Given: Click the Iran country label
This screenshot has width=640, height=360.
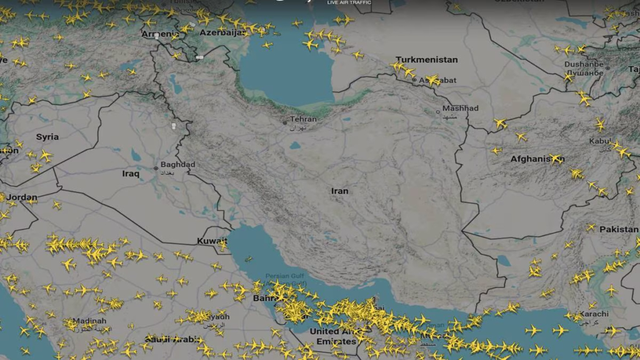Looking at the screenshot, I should click(x=340, y=191).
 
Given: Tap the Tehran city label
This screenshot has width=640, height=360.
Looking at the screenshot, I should click(x=304, y=119).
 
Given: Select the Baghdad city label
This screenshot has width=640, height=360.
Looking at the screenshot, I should click(x=177, y=164).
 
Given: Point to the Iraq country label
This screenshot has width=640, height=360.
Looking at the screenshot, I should click(x=131, y=174).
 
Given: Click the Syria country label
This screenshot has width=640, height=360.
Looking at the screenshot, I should click(x=47, y=137).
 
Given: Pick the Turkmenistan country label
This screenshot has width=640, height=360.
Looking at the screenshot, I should click(x=427, y=60).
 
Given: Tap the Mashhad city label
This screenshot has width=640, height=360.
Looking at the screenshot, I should click(x=460, y=108).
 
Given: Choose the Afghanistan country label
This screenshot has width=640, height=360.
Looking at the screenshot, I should click(x=537, y=159).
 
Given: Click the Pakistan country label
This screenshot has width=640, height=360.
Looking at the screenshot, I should click(x=619, y=229).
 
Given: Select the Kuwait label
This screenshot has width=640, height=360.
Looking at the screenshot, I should click(x=212, y=241).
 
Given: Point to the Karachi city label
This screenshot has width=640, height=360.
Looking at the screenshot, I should click(x=594, y=314).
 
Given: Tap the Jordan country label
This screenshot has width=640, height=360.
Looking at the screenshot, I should click(x=22, y=197).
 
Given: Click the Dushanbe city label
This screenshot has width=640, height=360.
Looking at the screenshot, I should click(x=584, y=64).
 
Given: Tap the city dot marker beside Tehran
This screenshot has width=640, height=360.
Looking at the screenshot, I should click(x=284, y=123).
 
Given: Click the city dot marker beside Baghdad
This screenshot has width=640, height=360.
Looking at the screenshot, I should click(x=156, y=168).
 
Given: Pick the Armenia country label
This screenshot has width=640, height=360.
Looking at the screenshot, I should click(x=160, y=34).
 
